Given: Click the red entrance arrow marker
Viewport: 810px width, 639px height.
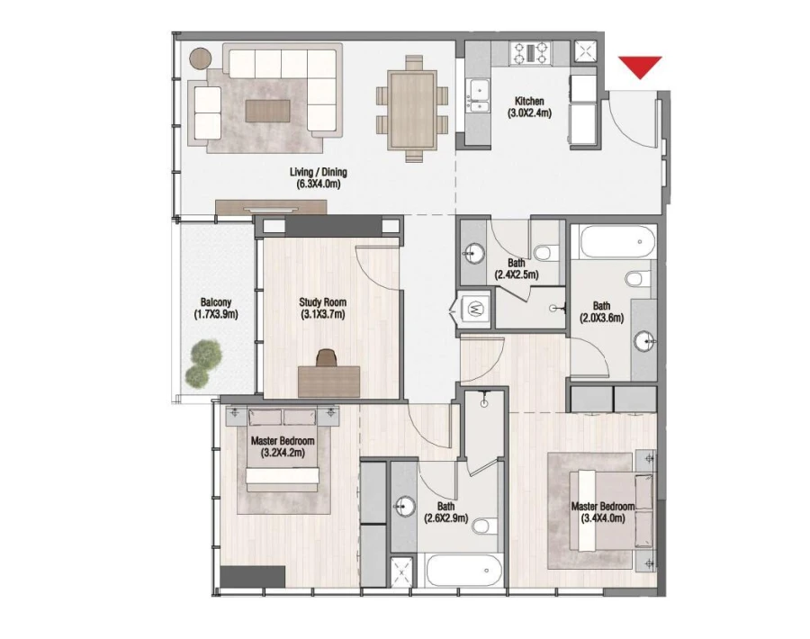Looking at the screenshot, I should [x=640, y=67].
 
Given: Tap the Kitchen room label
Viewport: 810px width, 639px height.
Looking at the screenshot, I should [x=527, y=101].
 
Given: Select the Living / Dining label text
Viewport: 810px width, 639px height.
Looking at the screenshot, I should [x=318, y=173].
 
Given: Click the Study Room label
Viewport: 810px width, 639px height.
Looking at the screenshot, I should [x=322, y=303].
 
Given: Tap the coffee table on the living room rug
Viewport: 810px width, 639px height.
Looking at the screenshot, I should [x=268, y=110].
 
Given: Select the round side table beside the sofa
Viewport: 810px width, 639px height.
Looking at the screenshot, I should [x=200, y=57].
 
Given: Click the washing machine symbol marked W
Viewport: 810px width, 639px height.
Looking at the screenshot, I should [x=476, y=310].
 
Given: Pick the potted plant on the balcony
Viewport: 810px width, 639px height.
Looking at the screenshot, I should [x=202, y=360].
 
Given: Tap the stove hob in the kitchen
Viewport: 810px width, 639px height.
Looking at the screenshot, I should [x=531, y=52].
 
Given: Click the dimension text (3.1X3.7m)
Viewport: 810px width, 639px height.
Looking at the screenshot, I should [x=322, y=315].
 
